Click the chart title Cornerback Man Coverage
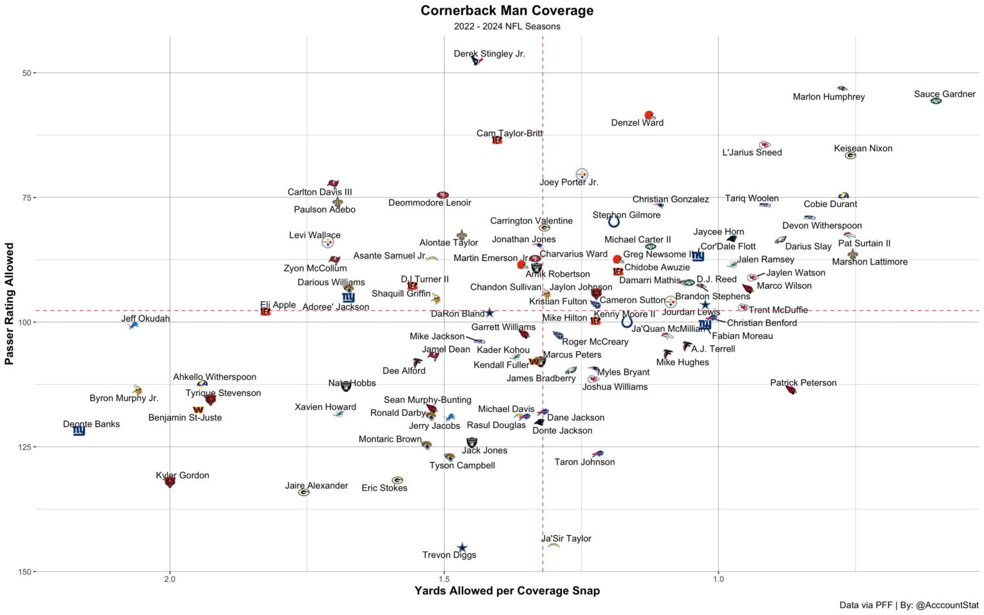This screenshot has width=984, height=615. (x=507, y=10)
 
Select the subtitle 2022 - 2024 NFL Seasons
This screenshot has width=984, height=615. (x=507, y=26)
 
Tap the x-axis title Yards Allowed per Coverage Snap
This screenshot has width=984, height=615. (x=507, y=591)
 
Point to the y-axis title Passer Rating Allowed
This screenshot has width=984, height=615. (x=10, y=304)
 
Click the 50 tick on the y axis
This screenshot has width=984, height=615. (x=26, y=73)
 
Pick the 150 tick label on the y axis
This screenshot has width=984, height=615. (x=24, y=571)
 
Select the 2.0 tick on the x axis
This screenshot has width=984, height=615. (x=170, y=580)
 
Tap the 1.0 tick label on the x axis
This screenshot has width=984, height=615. (x=718, y=580)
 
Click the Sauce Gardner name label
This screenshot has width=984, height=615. (x=944, y=94)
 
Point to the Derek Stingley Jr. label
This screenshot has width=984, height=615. (x=489, y=54)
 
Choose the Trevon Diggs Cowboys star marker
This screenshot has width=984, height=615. (x=462, y=548)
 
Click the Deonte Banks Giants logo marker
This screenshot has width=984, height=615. (x=79, y=431)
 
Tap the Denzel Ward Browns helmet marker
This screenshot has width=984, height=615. (x=649, y=115)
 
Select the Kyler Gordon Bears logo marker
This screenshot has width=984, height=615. (x=170, y=482)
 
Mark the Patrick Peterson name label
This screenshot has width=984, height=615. (x=803, y=383)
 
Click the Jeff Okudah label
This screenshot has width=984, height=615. (x=145, y=318)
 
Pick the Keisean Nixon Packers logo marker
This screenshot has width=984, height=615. (x=850, y=156)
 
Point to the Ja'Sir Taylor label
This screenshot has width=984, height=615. (x=566, y=539)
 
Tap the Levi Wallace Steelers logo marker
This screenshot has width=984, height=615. (x=327, y=243)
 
